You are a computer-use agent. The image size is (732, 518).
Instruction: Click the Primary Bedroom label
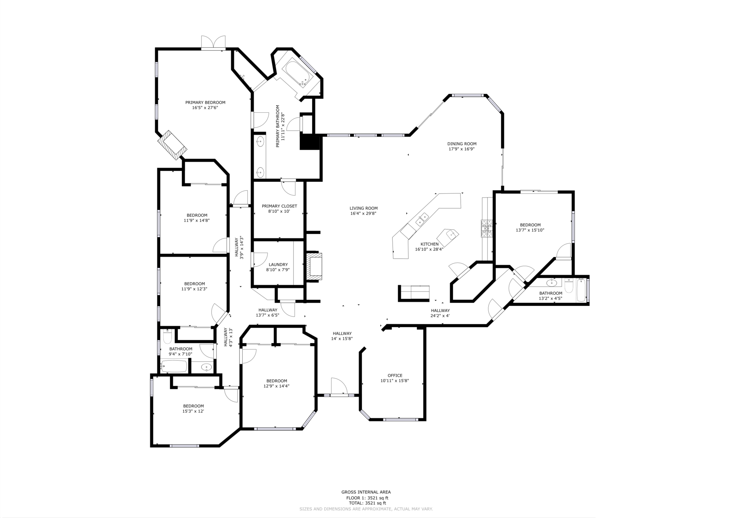(205, 103)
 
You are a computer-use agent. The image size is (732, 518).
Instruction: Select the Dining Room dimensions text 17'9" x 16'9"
(461, 149)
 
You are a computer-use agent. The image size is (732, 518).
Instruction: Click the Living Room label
(363, 208)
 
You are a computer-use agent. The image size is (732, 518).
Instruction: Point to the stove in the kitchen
(486, 228)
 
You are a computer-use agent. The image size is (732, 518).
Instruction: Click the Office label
(395, 376)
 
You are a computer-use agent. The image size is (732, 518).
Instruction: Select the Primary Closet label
(279, 206)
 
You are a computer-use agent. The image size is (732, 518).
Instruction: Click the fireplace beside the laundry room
(315, 265)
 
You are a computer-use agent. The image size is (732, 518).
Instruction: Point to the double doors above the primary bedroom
(213, 42)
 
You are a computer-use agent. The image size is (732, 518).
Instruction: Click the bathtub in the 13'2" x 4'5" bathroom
(581, 290)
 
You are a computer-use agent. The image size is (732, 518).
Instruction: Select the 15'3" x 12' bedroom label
(193, 406)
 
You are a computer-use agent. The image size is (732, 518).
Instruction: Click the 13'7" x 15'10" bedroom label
(530, 225)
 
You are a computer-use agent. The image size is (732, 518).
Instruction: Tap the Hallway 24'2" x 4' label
(440, 311)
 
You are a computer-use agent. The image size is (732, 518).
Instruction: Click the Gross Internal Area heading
(366, 492)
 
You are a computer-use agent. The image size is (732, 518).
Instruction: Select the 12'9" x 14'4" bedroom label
(277, 381)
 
